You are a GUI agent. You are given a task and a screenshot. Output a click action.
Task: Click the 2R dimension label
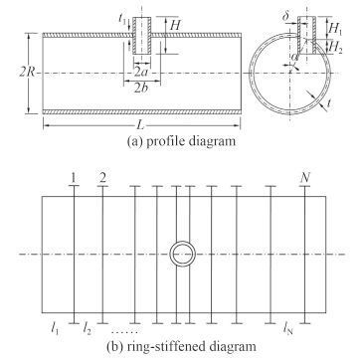tap(27, 73)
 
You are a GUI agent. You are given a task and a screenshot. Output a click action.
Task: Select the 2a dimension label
tap(141, 73)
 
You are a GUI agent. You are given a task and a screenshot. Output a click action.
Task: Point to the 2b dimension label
tap(141, 89)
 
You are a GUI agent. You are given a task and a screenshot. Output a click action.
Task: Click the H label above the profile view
tap(174, 26)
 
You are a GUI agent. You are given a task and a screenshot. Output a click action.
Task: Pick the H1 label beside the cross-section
tap(334, 29)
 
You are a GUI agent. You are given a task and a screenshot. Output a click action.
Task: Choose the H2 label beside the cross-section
tap(335, 47)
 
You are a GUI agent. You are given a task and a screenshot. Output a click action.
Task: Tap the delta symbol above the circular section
tap(286, 17)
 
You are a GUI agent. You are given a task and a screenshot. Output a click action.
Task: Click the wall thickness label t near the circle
tap(328, 104)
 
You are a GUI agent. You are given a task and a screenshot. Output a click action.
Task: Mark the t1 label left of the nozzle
tap(122, 18)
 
